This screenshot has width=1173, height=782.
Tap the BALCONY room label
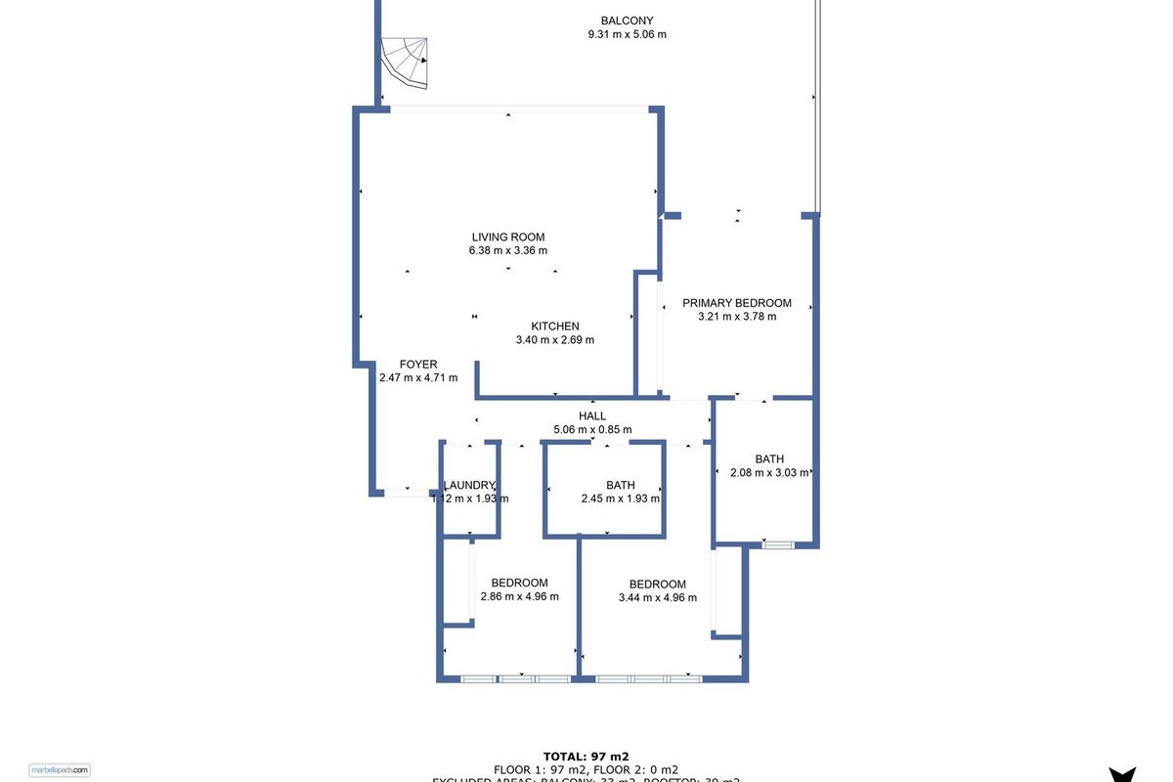point(627,21)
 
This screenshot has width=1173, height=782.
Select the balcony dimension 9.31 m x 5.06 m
point(627,34)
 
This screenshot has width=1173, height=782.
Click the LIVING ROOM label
point(508,237)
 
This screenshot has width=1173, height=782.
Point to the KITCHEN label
point(555,326)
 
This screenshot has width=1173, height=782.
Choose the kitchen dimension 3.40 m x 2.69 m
point(555,340)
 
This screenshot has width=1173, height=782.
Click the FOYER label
point(418,365)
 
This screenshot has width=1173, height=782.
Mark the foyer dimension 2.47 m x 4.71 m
point(418,377)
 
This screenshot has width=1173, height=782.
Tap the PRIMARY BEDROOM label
point(737,303)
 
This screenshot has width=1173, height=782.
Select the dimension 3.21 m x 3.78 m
point(737,316)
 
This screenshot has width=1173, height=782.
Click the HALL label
point(592,416)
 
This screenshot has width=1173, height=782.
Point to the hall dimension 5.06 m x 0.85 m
point(592,429)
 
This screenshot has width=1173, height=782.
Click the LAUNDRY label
point(470,485)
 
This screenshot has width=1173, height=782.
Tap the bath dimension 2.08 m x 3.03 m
point(770,473)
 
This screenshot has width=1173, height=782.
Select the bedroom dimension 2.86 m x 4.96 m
point(520,596)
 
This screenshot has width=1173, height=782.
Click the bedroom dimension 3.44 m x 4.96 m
point(658,597)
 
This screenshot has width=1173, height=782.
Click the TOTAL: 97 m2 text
point(586,756)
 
